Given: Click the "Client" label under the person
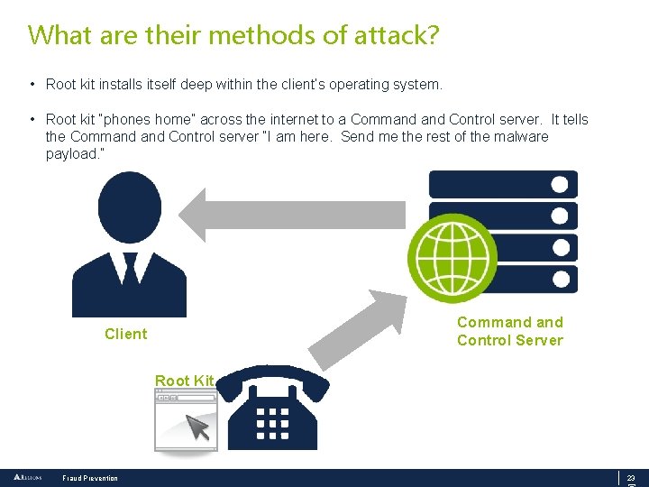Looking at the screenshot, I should [x=125, y=334].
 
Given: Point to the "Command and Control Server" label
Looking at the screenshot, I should [x=509, y=331].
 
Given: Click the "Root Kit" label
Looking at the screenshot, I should [x=184, y=381].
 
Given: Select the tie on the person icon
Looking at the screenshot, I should [x=129, y=270].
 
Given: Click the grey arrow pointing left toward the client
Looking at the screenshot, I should [x=288, y=215].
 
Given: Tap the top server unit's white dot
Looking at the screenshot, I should [x=560, y=185].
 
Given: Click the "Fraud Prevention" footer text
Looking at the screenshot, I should [x=90, y=478].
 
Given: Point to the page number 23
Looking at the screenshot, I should [x=631, y=478].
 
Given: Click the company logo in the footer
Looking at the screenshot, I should [x=27, y=477].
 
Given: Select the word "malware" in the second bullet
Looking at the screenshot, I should [x=516, y=136].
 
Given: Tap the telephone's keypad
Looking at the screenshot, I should [x=272, y=420].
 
